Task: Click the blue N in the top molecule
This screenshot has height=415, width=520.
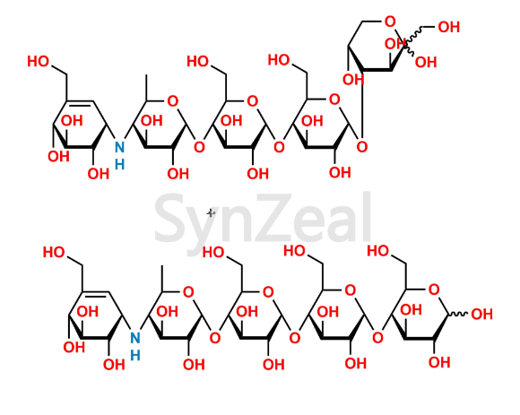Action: click(x=119, y=147)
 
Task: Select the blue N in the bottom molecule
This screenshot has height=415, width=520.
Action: click(x=135, y=338)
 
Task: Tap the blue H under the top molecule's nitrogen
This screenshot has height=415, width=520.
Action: click(x=119, y=164)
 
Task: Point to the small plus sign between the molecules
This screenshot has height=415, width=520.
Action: click(x=211, y=213)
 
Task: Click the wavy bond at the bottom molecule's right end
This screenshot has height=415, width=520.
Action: click(x=458, y=314)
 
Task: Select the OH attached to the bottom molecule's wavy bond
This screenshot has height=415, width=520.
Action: click(x=481, y=314)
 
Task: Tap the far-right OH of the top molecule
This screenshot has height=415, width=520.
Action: click(x=448, y=27)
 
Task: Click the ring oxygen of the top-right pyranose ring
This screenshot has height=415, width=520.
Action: click(x=390, y=22)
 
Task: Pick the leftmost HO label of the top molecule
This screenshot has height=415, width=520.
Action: click(x=39, y=61)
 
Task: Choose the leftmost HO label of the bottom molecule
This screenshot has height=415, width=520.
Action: click(x=54, y=252)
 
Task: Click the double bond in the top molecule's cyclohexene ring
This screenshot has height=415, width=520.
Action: click(x=80, y=103)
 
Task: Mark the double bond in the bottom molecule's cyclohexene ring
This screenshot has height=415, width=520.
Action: click(x=96, y=294)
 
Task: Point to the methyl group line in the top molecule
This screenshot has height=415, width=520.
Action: click(x=146, y=88)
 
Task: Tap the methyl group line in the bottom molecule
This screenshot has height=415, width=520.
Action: click(x=162, y=279)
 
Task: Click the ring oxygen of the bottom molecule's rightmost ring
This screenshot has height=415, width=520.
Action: click(x=434, y=290)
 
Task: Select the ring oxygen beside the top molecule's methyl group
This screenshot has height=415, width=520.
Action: click(x=172, y=100)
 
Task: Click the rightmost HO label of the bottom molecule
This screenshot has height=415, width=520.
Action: click(x=377, y=251)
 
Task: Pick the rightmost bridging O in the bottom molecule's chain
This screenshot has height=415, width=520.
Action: click(x=377, y=338)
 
